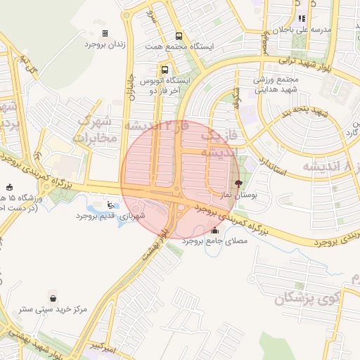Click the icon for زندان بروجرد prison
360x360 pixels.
(x=105, y=33)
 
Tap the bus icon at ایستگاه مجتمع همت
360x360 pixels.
(x=179, y=36)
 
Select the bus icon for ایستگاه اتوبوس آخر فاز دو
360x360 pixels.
(x=165, y=70)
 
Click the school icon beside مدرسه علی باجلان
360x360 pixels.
(x=302, y=19)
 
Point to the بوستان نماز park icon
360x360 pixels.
(x=239, y=181)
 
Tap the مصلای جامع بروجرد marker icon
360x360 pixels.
(x=214, y=230)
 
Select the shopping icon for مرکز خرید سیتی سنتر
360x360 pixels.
(x=53, y=298)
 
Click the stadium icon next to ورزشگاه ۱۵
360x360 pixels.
(x=9, y=188)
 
